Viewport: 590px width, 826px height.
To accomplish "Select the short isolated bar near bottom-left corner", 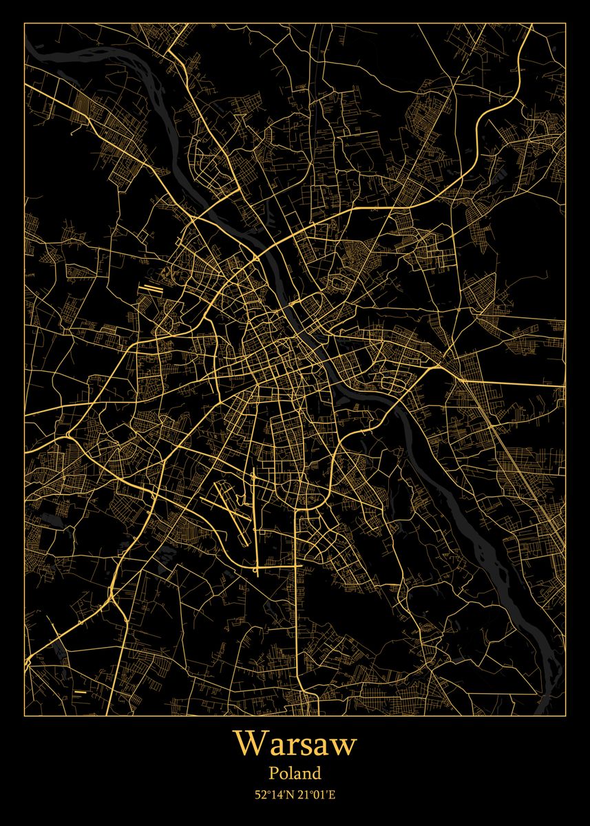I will [81, 690].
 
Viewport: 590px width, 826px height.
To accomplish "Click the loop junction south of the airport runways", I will [257, 568].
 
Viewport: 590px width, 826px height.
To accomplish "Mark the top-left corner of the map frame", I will [25, 23].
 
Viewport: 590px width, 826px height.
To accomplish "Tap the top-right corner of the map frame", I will [565, 23].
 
